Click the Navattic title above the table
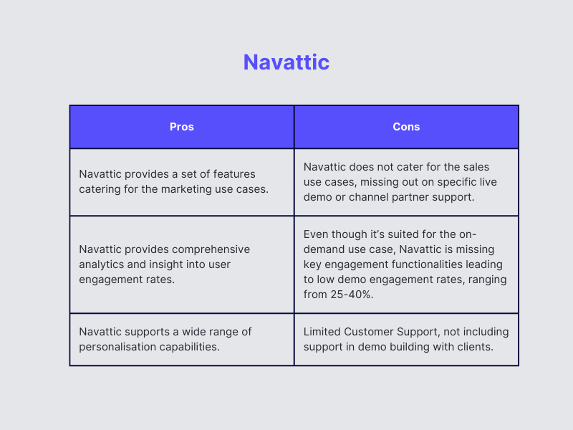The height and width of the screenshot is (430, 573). click(286, 62)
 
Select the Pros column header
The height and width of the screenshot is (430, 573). click(182, 127)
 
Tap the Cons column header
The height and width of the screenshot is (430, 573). click(406, 127)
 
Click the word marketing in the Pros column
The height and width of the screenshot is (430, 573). click(188, 189)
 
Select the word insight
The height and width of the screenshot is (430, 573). click(168, 264)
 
